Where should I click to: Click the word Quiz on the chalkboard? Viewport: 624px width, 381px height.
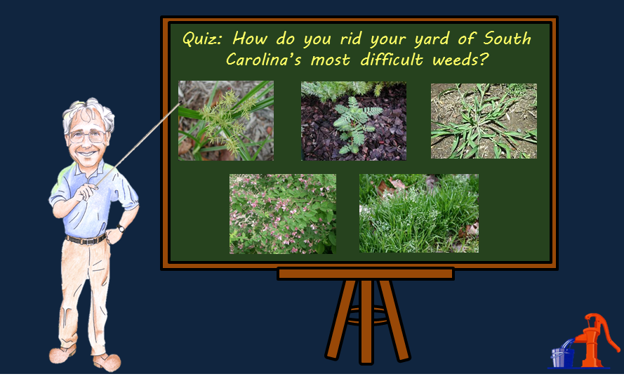[x=202, y=39]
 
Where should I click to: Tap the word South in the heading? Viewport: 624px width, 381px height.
[x=507, y=38]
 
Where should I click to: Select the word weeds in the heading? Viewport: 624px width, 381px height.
[x=460, y=60]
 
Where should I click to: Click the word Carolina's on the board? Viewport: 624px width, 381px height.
[x=263, y=60]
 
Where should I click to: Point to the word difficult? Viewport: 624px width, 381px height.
[x=392, y=59]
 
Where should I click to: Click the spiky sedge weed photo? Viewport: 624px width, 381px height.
[x=226, y=121]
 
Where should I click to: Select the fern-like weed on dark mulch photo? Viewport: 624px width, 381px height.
[x=354, y=121]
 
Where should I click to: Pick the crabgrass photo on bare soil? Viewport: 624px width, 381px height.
[x=484, y=121]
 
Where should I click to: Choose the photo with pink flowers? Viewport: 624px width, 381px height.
[x=283, y=214]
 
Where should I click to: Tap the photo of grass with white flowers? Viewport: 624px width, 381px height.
[x=419, y=213]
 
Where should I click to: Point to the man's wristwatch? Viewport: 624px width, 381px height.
[x=121, y=228]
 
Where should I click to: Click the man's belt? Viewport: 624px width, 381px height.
[x=85, y=240]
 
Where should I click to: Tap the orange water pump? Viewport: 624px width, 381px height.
[x=595, y=340]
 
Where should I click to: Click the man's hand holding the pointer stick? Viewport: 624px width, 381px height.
[x=86, y=192]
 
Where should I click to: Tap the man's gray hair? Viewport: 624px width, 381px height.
[x=88, y=114]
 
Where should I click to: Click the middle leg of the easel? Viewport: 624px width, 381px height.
[x=366, y=321]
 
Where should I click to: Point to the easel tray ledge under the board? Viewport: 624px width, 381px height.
[x=366, y=274]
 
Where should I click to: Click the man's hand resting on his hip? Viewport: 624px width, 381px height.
[x=112, y=236]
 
